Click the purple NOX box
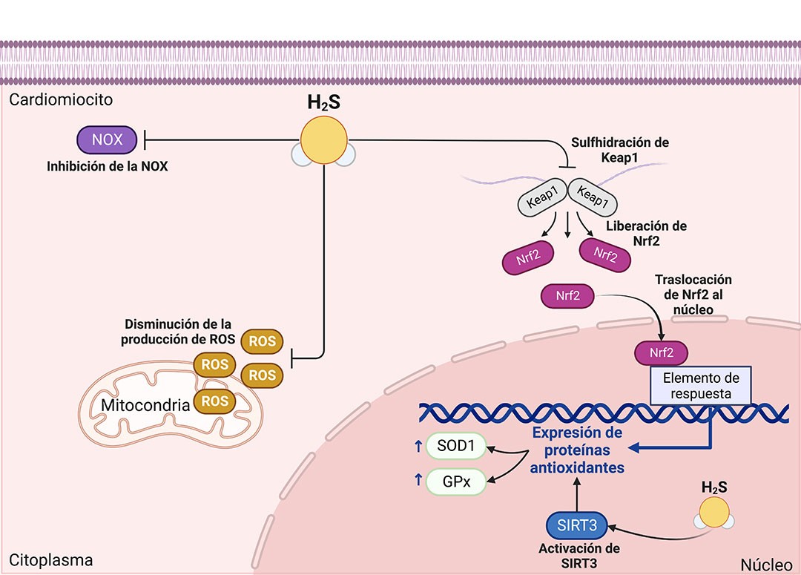[x=108, y=139]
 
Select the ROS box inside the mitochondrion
[x=214, y=401]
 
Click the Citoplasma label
[x=51, y=560]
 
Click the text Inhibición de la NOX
[x=108, y=166]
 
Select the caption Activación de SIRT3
[x=579, y=556]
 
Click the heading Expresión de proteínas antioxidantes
[x=576, y=450]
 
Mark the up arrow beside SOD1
[x=418, y=447]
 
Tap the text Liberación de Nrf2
[x=645, y=232]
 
